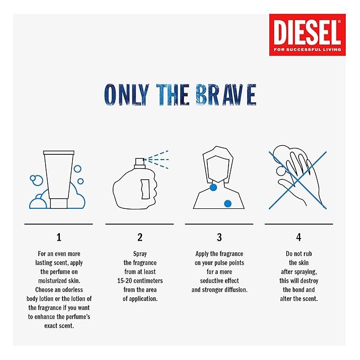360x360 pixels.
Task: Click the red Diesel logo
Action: click(307, 34)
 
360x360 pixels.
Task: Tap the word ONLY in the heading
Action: click(124, 95)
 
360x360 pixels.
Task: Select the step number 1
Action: click(59, 238)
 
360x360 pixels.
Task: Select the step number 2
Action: click(140, 238)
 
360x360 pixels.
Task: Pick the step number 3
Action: click(219, 238)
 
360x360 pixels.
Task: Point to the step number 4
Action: click(299, 238)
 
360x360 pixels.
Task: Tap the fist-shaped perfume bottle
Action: click(136, 186)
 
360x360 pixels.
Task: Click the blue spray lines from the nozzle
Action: click(157, 158)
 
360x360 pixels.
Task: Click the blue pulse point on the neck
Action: click(213, 188)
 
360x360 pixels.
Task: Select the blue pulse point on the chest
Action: click(228, 203)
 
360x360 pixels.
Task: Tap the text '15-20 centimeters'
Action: click(139, 280)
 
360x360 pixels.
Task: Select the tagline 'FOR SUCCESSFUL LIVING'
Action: click(307, 50)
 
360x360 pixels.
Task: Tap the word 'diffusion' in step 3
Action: click(234, 289)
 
